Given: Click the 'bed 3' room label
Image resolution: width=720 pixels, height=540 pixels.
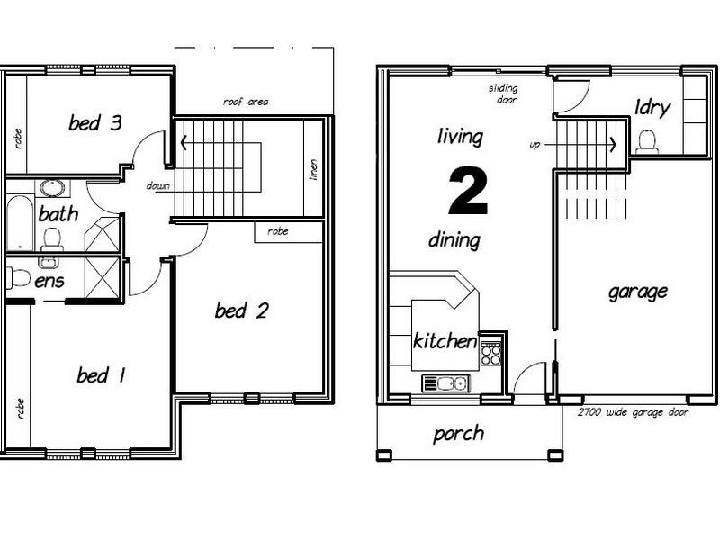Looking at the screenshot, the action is [95, 122].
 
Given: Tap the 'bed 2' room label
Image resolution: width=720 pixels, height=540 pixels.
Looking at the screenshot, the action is [242, 310].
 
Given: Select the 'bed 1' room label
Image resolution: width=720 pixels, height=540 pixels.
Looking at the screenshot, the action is [101, 375].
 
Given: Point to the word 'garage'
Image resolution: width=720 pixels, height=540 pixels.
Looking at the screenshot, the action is [638, 292].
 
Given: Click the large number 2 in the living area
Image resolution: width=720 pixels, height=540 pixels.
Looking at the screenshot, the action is [468, 192].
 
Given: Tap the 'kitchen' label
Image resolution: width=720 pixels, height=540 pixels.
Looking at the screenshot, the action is [445, 341].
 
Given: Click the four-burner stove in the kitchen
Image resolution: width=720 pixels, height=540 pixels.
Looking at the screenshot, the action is [490, 354].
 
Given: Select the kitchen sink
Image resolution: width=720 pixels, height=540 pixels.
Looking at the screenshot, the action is [445, 383].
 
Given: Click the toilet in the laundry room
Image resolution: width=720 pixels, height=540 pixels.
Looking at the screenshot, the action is [647, 142].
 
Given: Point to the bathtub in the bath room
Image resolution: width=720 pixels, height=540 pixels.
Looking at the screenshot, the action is [20, 223].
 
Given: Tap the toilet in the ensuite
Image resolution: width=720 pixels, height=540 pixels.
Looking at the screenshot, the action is [18, 278].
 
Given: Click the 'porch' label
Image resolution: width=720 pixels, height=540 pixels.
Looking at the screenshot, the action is [458, 434].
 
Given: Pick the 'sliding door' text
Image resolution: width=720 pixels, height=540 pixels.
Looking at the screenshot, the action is [503, 94].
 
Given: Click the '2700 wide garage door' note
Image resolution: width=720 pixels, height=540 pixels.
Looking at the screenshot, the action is [634, 412].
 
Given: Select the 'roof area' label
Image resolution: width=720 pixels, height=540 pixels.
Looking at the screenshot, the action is [246, 102].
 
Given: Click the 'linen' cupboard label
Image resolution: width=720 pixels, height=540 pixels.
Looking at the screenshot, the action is [313, 169].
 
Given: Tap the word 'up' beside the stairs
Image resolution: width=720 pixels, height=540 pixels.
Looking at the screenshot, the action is [535, 145].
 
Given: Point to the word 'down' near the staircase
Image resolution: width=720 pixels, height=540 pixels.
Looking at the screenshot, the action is [158, 186].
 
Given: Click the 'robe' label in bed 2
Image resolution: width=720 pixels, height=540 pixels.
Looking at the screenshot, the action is [278, 231].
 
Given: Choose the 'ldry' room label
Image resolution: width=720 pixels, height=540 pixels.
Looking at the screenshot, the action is [652, 108].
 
